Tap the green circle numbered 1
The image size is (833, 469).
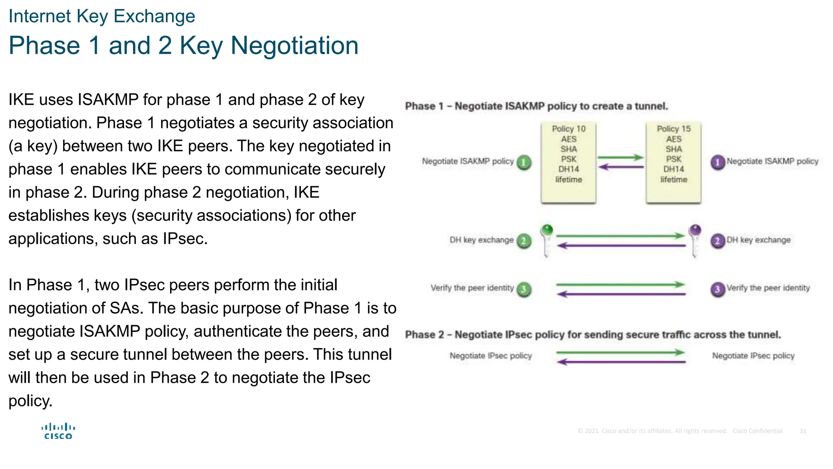(524, 162)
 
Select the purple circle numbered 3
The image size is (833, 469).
(717, 289)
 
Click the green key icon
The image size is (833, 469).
(547, 240)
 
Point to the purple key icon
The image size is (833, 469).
(695, 240)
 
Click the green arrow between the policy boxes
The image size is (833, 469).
(620, 158)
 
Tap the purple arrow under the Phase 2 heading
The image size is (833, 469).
(621, 362)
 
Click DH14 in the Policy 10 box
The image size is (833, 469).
(568, 169)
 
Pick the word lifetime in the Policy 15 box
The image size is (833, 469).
(674, 180)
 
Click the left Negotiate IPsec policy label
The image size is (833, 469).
(491, 356)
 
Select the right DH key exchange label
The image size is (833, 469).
(758, 240)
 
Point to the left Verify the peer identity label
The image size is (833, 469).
(472, 288)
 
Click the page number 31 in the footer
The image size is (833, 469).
(802, 431)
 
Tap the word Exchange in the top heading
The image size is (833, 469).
(154, 16)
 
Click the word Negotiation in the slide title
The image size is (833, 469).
(294, 46)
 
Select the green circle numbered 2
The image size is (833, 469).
(524, 241)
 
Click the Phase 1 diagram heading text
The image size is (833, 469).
(536, 106)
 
